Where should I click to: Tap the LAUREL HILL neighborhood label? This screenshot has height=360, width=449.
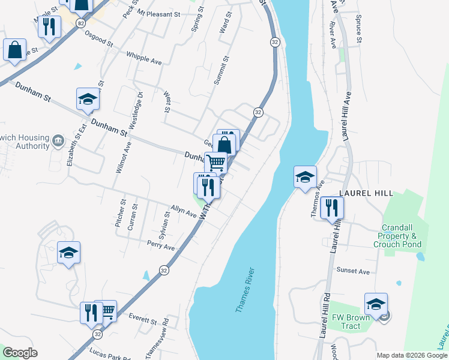pyautogui.click(x=366, y=193)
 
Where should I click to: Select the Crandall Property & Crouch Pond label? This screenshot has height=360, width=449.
pyautogui.click(x=397, y=236)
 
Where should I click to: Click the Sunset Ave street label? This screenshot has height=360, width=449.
pyautogui.click(x=353, y=271)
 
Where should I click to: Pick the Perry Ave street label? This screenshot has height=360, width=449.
pyautogui.click(x=160, y=245)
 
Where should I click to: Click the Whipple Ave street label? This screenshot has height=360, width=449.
pyautogui.click(x=144, y=58)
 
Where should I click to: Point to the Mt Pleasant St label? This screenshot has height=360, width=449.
pyautogui.click(x=158, y=13)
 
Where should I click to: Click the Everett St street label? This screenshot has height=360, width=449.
pyautogui.click(x=142, y=319)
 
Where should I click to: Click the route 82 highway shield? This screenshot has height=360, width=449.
pyautogui.click(x=81, y=22)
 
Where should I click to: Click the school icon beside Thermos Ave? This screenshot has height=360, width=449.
pyautogui.click(x=305, y=177)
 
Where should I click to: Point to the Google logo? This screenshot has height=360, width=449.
pyautogui.click(x=19, y=353)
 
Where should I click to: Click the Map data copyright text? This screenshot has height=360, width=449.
pyautogui.click(x=411, y=355)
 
